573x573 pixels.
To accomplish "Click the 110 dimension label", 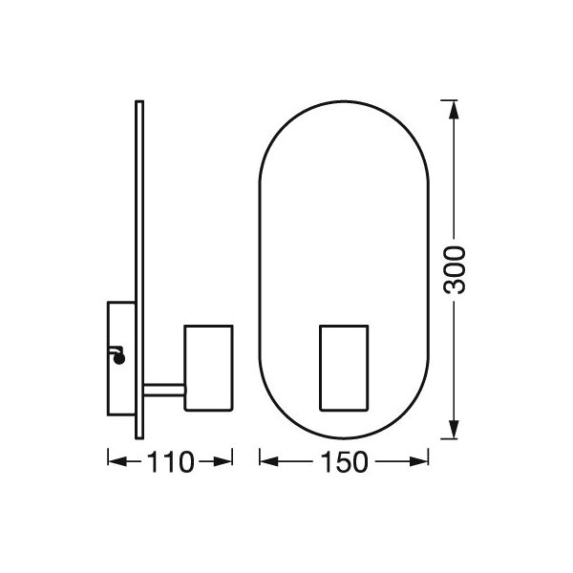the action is tap(170, 462).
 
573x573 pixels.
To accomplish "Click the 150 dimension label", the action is tap(344, 462).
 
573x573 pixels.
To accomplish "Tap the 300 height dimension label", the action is tap(455, 270).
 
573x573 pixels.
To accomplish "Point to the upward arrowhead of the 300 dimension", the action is tap(454, 110).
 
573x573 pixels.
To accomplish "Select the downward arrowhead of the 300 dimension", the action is tap(454, 430).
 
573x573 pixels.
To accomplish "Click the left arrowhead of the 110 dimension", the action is tap(117, 461).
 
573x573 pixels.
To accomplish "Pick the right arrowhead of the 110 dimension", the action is tap(223, 461).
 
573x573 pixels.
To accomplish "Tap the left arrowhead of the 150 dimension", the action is tap(269, 461).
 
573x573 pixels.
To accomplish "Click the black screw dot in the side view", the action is tap(119, 359).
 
